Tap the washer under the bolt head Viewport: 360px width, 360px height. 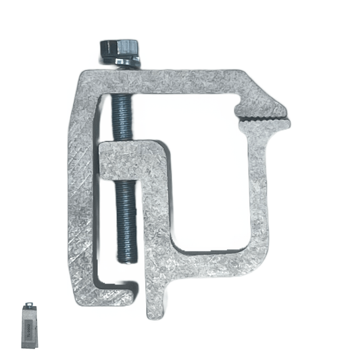click(123, 62)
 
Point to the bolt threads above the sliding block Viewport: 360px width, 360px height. click(122, 115)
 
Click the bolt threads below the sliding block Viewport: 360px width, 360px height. click(126, 216)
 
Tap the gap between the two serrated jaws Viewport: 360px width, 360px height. click(267, 118)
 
